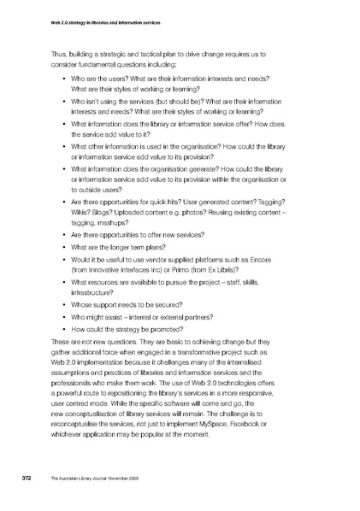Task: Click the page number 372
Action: pos(27,478)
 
